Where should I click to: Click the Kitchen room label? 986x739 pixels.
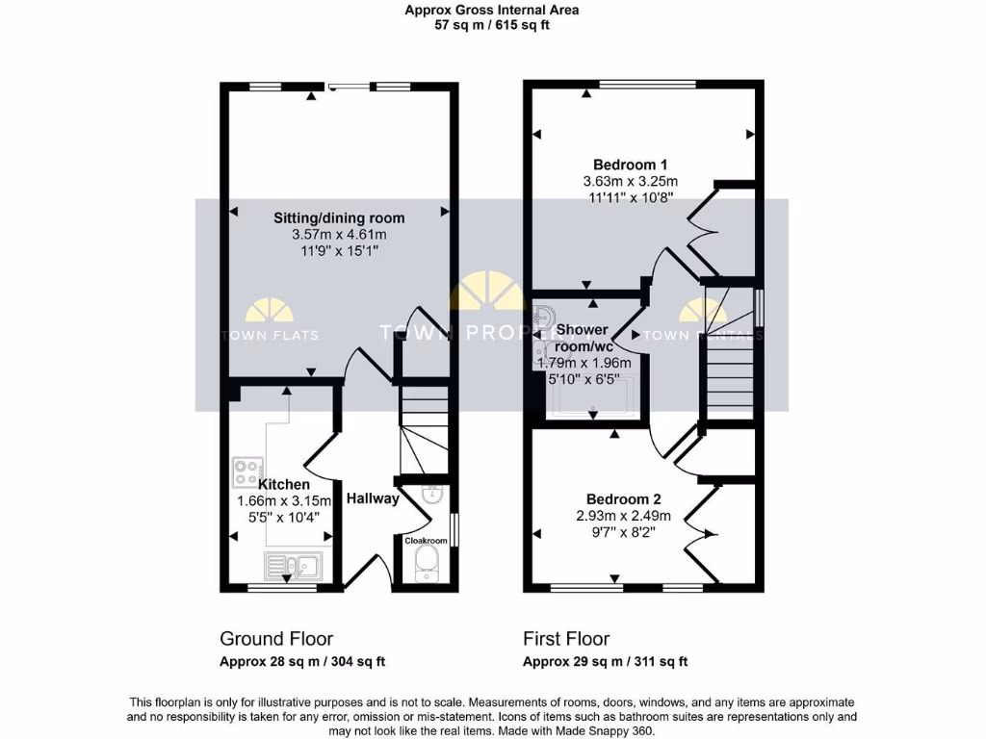tap(283, 484)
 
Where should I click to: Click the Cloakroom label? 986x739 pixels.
tap(426, 541)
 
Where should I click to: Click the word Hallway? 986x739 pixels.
tap(373, 498)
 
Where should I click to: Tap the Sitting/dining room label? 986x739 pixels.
tap(339, 217)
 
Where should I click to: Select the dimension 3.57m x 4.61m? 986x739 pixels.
tap(339, 235)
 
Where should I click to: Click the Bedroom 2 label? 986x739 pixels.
tap(624, 499)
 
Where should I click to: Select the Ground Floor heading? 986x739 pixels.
tap(276, 639)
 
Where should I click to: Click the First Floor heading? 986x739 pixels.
tap(566, 639)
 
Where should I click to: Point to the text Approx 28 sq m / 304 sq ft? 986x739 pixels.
tap(302, 662)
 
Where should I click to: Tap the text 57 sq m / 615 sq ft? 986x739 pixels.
tap(492, 25)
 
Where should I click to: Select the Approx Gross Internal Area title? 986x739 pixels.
tap(492, 11)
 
